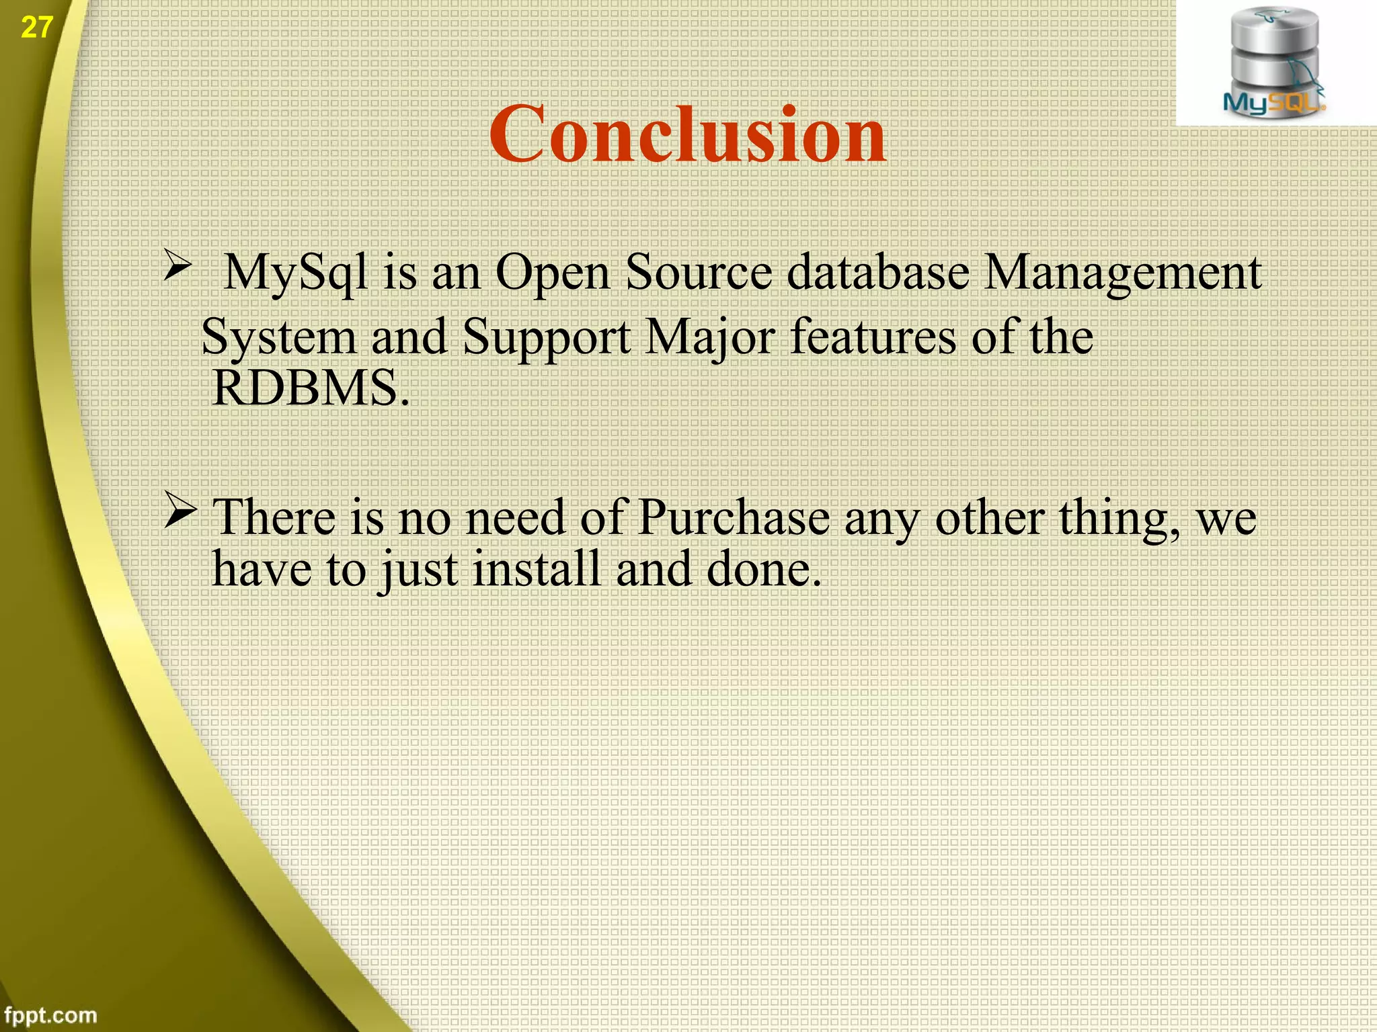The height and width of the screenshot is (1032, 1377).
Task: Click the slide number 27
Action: click(x=36, y=28)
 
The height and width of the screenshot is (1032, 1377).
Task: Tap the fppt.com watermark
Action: click(x=50, y=1015)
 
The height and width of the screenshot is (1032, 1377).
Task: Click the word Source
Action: click(x=699, y=272)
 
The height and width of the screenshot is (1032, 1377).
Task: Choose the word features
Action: click(x=873, y=335)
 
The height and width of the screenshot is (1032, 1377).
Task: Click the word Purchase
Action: click(x=734, y=517)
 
